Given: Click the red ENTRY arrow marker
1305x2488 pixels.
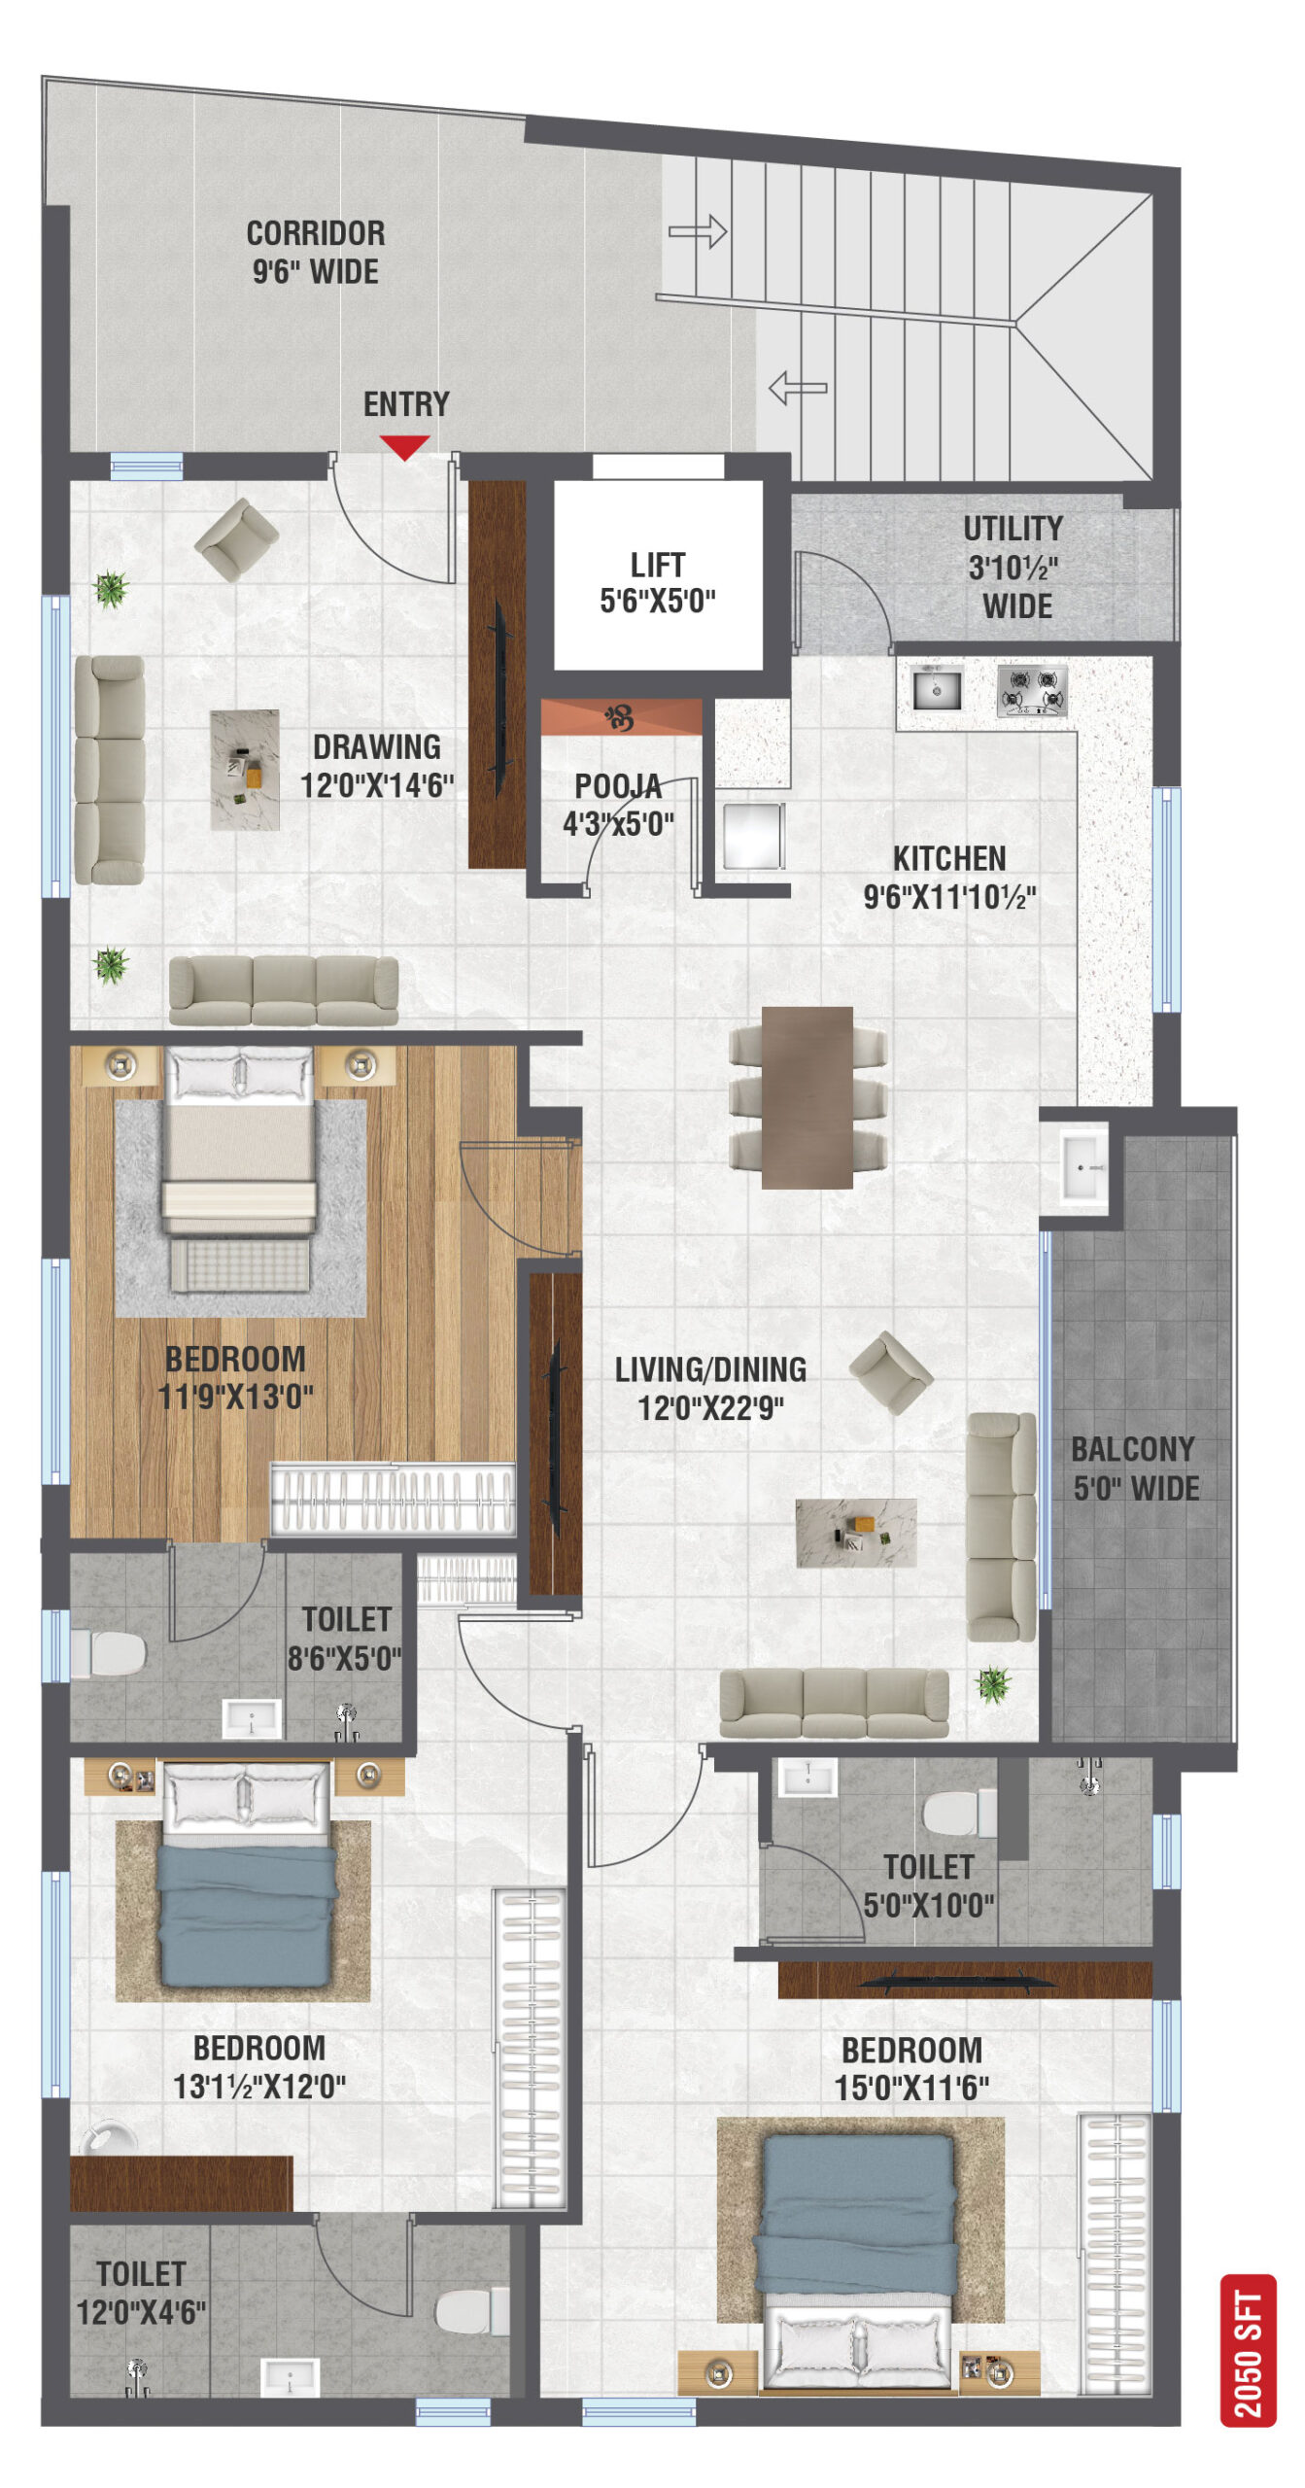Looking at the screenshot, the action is (x=404, y=447).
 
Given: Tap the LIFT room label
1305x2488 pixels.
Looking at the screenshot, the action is (x=658, y=565).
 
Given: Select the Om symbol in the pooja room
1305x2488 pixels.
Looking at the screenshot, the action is (x=619, y=718).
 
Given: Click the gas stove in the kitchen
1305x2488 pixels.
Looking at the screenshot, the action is (x=1032, y=690).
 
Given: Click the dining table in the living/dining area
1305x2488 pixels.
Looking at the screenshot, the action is (x=807, y=1097).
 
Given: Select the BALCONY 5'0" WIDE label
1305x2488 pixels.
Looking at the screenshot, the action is (x=1134, y=1468).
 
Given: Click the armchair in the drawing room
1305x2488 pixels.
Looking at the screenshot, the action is (x=236, y=539).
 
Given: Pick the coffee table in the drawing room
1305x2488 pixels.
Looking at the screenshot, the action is (x=245, y=770).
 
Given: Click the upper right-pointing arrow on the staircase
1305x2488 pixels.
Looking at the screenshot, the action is (x=698, y=231).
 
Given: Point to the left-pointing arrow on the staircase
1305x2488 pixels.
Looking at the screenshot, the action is (x=798, y=388).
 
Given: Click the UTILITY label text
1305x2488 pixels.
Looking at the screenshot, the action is (x=1013, y=529).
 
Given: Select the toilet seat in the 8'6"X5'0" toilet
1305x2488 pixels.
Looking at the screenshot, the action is (x=109, y=1653).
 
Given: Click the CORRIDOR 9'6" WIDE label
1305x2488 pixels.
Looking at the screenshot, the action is (x=316, y=252).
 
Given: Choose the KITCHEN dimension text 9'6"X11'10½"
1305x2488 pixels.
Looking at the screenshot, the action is (x=949, y=896).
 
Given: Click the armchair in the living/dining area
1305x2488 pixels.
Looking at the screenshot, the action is (x=891, y=1372).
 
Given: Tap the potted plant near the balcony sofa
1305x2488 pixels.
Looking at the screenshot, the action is (x=993, y=1684).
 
